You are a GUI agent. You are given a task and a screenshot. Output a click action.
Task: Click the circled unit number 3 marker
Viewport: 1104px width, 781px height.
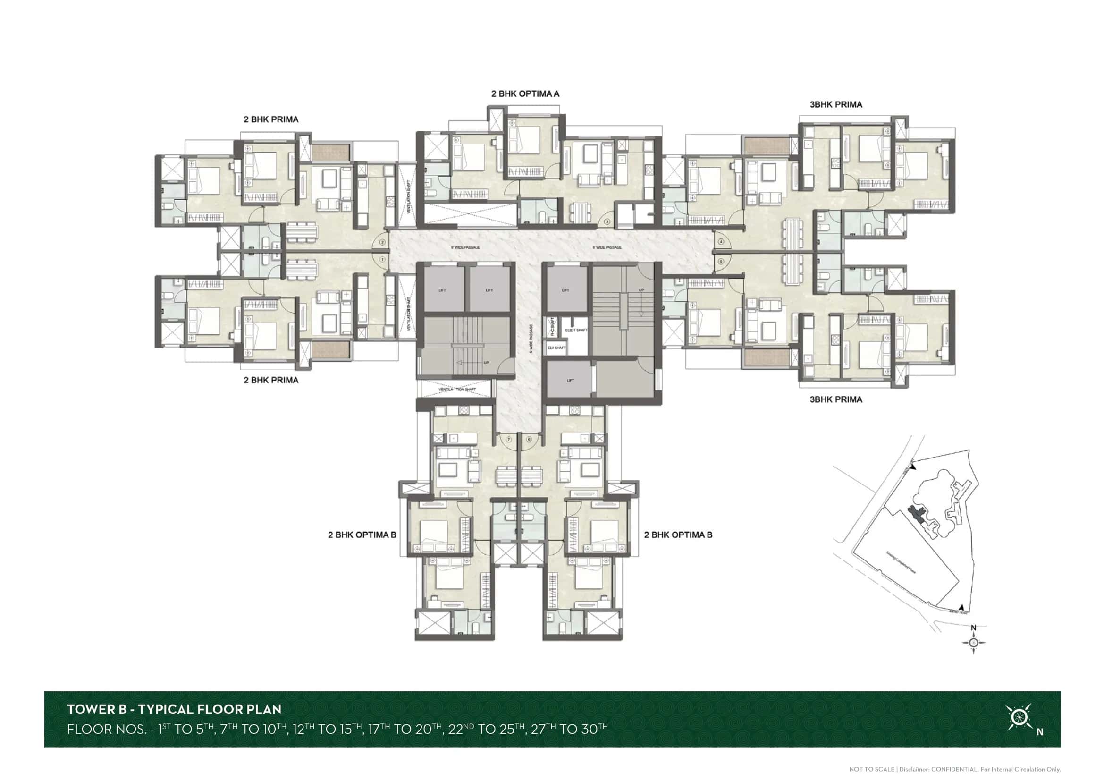(607, 222)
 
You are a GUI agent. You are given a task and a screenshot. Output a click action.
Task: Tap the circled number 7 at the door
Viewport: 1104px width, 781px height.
(509, 440)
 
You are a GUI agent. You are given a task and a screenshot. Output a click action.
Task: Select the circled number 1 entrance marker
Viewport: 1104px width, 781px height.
(383, 259)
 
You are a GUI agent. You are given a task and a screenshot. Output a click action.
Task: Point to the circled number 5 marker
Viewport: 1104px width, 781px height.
(721, 262)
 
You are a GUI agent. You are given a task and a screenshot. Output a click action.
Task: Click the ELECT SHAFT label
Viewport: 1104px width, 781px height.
(576, 330)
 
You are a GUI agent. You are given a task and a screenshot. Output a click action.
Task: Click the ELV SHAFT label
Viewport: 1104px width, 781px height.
(556, 347)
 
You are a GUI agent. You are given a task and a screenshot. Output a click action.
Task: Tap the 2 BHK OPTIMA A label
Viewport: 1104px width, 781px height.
(525, 94)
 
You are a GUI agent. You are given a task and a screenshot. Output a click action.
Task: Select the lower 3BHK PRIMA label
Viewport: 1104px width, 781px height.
(836, 399)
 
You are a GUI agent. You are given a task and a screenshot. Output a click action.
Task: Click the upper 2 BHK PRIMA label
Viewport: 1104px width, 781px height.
(271, 119)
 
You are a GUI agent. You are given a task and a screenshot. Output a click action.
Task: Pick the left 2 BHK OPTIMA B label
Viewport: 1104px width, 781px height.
(362, 535)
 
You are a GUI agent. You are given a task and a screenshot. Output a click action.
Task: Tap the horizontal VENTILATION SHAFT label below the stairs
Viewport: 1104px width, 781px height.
(457, 390)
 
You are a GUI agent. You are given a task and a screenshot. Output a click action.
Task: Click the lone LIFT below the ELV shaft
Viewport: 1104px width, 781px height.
(570, 381)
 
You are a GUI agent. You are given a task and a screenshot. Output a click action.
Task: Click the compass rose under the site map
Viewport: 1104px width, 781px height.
(974, 642)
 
